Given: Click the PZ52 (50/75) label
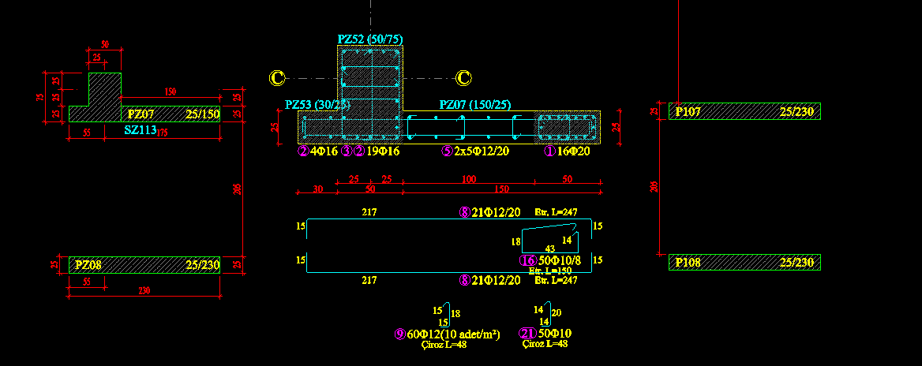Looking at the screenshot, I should [370, 39].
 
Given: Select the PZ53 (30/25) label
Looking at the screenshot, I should [317, 104].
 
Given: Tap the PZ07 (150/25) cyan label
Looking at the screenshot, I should [475, 104].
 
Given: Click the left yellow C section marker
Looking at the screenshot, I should [276, 77].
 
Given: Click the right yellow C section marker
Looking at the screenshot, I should [464, 77].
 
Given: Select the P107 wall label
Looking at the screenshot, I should [687, 112].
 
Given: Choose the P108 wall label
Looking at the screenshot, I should [687, 262].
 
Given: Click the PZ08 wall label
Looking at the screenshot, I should [88, 265].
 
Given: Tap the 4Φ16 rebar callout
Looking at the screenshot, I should [324, 151].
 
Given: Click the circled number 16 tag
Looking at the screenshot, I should [527, 261].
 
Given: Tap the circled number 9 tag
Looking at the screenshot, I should [399, 334].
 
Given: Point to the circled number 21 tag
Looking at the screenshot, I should [527, 334].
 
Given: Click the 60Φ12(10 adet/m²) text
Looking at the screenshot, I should [454, 334].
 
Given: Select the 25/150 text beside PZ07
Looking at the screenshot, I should [201, 114].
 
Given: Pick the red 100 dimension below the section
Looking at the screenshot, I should [470, 180].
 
